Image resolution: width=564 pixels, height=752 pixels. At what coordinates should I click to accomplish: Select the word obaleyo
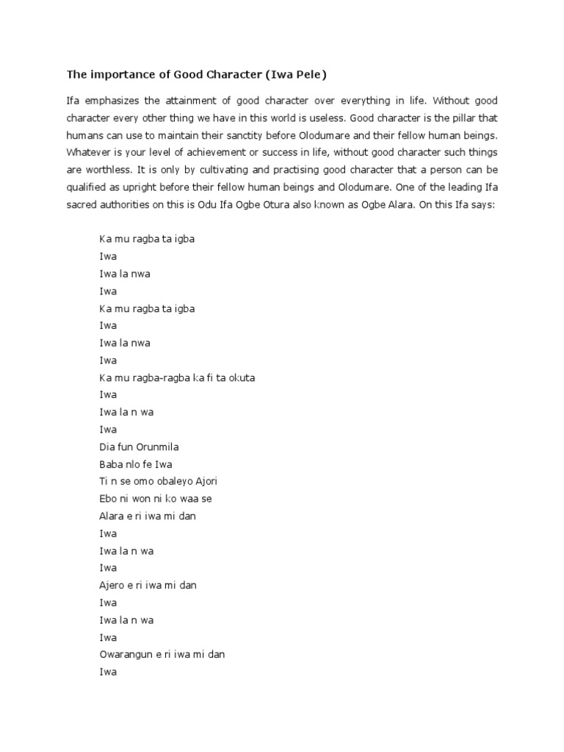[166, 481]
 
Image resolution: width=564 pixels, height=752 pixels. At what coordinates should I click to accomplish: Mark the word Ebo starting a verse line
[108, 499]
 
